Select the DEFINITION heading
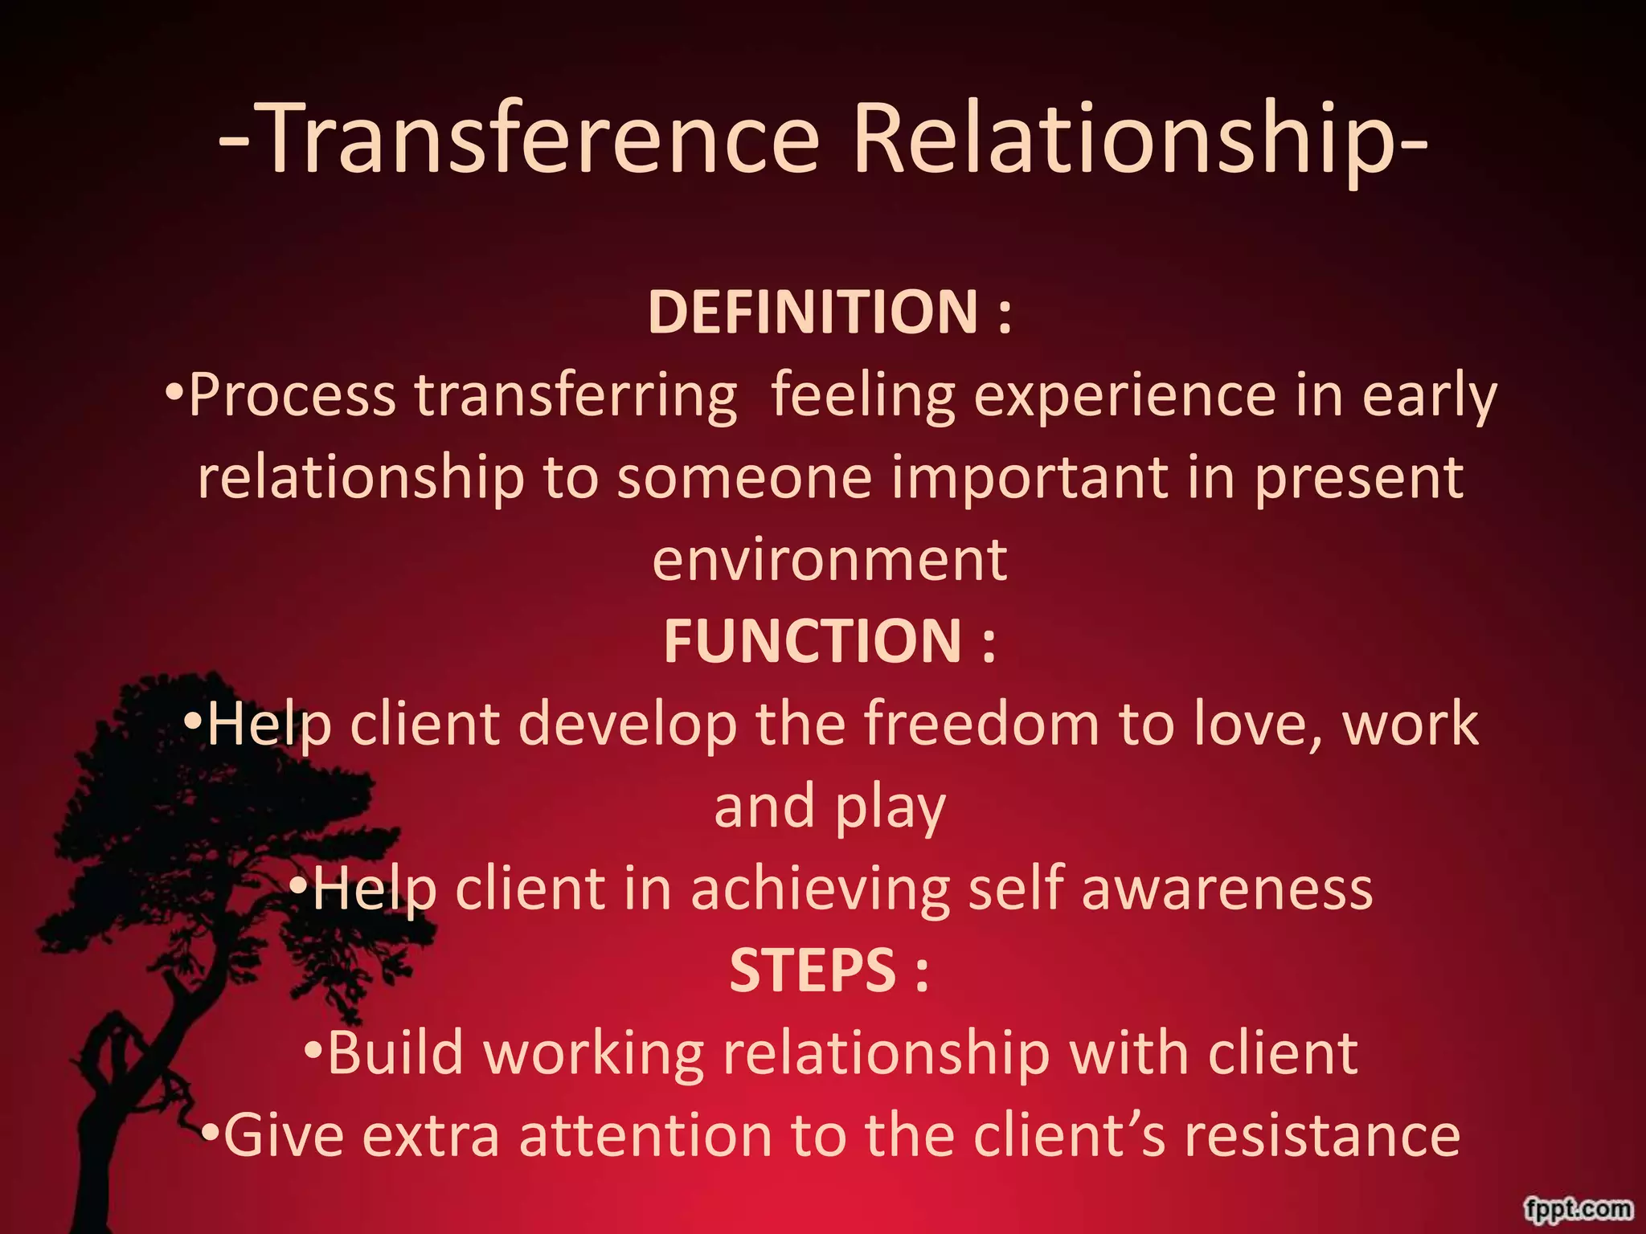(x=813, y=312)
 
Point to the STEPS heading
(x=813, y=970)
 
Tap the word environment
(x=829, y=559)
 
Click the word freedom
(x=981, y=723)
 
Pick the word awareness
(x=1226, y=889)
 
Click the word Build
(x=395, y=1052)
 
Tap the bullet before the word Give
(x=211, y=1132)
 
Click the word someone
(x=744, y=477)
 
